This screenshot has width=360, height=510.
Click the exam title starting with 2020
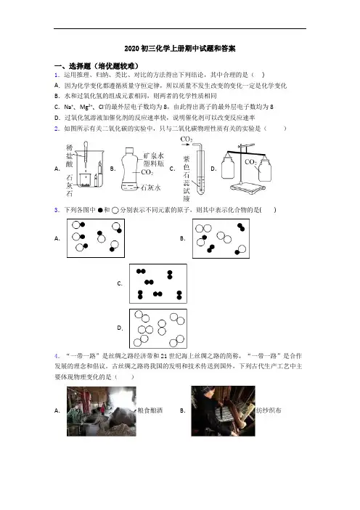180,49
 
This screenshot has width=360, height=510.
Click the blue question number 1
57,75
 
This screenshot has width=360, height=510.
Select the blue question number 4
57,356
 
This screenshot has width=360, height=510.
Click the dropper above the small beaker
86,155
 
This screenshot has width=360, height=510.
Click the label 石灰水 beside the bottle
150,187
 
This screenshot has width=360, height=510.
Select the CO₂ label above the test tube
187,139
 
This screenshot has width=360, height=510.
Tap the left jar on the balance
228,166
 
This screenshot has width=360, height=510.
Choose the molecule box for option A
96,238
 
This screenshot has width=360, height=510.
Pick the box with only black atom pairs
158,283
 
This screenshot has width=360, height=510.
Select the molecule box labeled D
158,328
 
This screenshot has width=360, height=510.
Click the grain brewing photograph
102,411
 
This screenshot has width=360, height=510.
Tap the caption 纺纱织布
269,410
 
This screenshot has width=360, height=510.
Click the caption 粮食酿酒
150,410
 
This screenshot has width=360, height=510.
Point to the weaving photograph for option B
224,411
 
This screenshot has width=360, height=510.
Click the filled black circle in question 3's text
100,211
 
